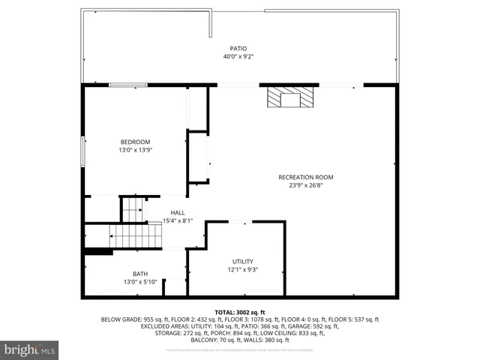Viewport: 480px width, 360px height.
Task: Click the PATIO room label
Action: pyautogui.click(x=238, y=49)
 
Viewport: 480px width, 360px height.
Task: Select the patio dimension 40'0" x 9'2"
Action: pyautogui.click(x=238, y=57)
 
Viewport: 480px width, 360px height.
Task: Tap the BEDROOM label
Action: pyautogui.click(x=136, y=142)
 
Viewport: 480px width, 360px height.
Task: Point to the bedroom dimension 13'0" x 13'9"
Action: pyautogui.click(x=136, y=150)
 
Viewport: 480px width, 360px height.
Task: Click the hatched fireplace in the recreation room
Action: pyautogui.click(x=289, y=98)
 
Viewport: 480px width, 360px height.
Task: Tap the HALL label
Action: pyautogui.click(x=178, y=212)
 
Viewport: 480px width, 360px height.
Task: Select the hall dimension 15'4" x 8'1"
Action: pyautogui.click(x=178, y=220)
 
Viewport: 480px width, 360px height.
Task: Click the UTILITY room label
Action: pyautogui.click(x=242, y=261)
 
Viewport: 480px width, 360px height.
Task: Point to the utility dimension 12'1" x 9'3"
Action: pyautogui.click(x=242, y=269)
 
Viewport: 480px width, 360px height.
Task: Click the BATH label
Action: pyautogui.click(x=140, y=274)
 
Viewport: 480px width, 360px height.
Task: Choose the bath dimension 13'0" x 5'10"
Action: pyautogui.click(x=140, y=282)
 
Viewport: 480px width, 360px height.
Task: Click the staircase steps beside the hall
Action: pyautogui.click(x=137, y=235)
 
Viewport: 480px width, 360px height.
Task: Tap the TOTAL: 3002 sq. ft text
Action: pyautogui.click(x=240, y=312)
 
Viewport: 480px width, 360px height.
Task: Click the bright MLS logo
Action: pyautogui.click(x=30, y=349)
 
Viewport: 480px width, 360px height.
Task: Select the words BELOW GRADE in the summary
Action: pyautogui.click(x=121, y=319)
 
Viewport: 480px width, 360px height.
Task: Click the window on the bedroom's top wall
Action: pyautogui.click(x=128, y=85)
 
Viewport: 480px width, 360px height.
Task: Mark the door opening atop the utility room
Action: pyautogui.click(x=238, y=221)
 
